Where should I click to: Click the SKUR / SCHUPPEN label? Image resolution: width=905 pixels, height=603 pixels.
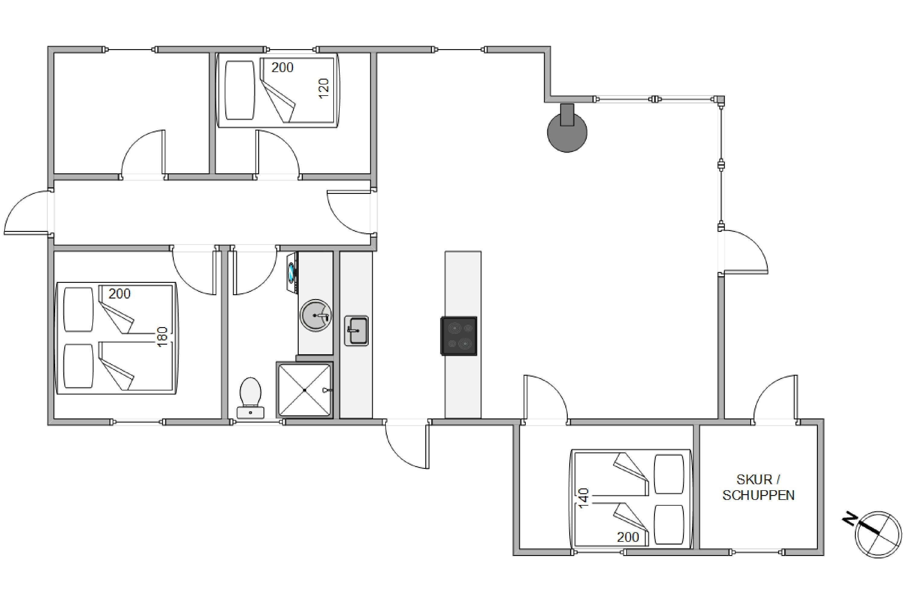(x=758, y=487)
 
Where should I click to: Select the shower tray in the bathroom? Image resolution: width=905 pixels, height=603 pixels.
(x=304, y=390)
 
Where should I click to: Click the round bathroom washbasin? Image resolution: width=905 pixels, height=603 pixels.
(x=316, y=315)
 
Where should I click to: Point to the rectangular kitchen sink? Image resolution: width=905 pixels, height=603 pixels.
(x=356, y=331)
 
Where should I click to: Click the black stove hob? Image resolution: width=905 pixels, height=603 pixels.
(x=459, y=336)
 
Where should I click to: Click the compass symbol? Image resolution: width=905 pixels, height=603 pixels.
(x=878, y=535)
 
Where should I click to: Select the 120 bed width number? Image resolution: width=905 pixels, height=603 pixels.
(x=324, y=88)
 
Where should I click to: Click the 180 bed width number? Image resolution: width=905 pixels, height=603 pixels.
(x=162, y=336)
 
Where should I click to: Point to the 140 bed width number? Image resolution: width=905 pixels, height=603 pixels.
(x=584, y=498)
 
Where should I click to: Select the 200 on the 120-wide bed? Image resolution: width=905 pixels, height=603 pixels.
(x=282, y=68)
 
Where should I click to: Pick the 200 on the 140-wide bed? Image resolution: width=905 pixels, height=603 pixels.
(x=628, y=537)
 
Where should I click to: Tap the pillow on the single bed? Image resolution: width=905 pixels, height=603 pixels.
(x=240, y=90)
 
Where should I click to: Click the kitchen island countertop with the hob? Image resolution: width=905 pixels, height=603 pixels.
(x=463, y=335)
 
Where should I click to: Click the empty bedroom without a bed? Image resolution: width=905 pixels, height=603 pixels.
(x=131, y=113)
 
